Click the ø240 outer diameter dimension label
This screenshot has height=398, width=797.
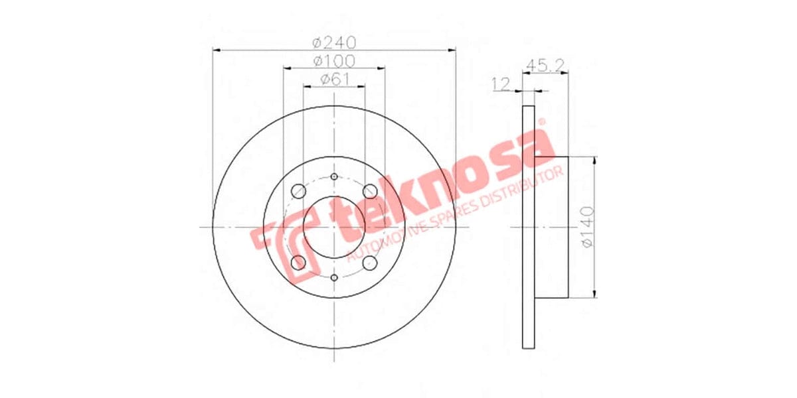(x=334, y=42)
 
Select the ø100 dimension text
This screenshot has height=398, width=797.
(x=334, y=61)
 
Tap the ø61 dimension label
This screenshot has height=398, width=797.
(x=335, y=79)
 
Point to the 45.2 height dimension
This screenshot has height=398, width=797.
(x=545, y=65)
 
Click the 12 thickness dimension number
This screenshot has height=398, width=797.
(x=500, y=84)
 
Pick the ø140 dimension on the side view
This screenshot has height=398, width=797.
(x=587, y=228)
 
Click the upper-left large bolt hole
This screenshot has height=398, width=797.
(x=298, y=191)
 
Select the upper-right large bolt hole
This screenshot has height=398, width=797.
(x=371, y=191)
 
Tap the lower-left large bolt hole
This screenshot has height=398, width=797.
(x=298, y=263)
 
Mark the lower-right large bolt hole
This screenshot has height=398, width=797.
(x=371, y=263)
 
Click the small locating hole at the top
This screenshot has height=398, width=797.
(x=334, y=176)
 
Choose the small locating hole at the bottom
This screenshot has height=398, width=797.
(x=334, y=278)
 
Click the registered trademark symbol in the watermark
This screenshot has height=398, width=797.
(x=541, y=122)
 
